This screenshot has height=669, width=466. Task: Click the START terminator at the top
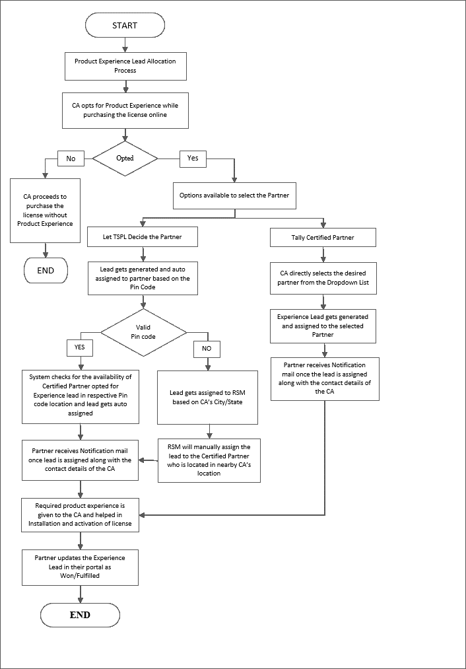[125, 25]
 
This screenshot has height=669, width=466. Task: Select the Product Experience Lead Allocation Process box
[125, 65]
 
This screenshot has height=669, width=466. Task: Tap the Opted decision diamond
[125, 158]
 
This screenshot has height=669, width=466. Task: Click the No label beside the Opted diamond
[71, 158]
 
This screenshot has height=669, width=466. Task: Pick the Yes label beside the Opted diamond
[193, 158]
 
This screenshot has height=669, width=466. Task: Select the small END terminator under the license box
[46, 269]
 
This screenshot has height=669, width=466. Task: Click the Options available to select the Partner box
[234, 195]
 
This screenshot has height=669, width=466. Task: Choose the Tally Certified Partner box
[323, 238]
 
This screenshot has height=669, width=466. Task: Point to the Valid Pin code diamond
[143, 331]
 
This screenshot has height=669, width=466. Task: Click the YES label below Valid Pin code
[81, 347]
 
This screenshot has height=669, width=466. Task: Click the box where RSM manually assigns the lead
[209, 460]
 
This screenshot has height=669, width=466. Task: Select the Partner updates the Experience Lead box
[80, 567]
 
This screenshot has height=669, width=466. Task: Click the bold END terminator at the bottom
[80, 615]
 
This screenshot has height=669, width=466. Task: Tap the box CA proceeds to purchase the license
[46, 210]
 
